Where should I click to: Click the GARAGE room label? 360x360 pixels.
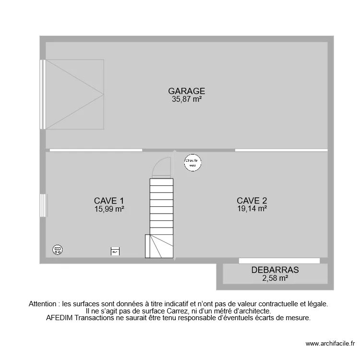click(186, 91)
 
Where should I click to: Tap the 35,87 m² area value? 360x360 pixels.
click(186, 99)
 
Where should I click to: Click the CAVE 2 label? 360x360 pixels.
click(252, 201)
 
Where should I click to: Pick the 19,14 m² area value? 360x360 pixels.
click(252, 209)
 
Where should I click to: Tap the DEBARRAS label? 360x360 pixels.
click(275, 270)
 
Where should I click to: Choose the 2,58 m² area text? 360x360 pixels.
click(275, 278)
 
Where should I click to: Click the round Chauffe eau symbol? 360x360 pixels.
click(192, 162)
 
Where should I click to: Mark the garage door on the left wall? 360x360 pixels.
click(43, 94)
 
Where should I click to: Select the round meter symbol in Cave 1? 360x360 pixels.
click(58, 249)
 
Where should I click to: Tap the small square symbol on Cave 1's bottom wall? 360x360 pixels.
click(115, 252)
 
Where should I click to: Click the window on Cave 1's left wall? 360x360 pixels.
click(43, 205)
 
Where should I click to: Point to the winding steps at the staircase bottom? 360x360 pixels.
click(158, 246)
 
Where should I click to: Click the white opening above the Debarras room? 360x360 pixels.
click(279, 261)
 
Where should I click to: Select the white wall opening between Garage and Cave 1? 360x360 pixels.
click(96, 150)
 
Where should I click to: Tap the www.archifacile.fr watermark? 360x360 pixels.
click(329, 344)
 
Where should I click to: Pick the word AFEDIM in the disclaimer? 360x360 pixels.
click(59, 318)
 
